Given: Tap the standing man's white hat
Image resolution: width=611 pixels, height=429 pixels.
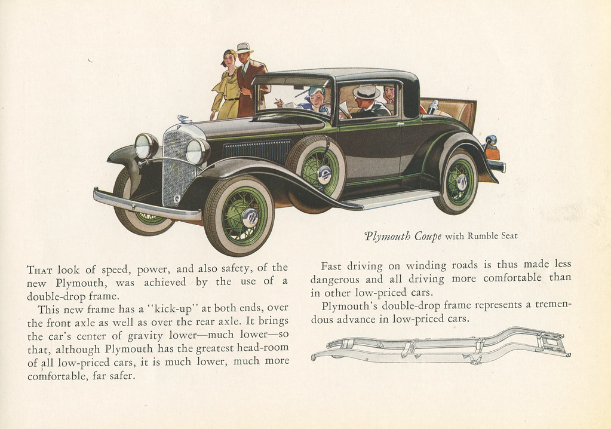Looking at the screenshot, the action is point(244,48).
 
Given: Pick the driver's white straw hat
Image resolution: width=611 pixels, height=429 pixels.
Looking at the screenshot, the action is point(366,92).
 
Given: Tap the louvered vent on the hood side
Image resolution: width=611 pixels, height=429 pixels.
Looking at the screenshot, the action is point(257,151).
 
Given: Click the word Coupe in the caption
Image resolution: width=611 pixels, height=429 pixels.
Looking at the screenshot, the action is point(428,236).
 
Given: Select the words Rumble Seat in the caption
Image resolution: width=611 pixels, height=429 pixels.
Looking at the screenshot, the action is point(493,236).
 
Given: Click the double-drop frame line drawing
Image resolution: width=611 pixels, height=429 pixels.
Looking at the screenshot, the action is point(441,345).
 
